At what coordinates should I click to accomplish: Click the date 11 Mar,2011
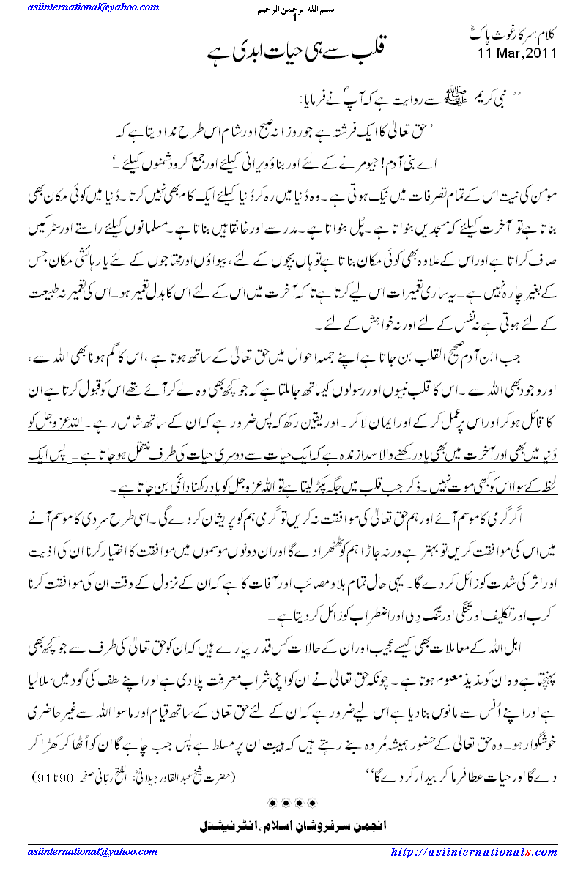click(x=517, y=53)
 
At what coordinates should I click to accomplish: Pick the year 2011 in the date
click(x=541, y=53)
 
